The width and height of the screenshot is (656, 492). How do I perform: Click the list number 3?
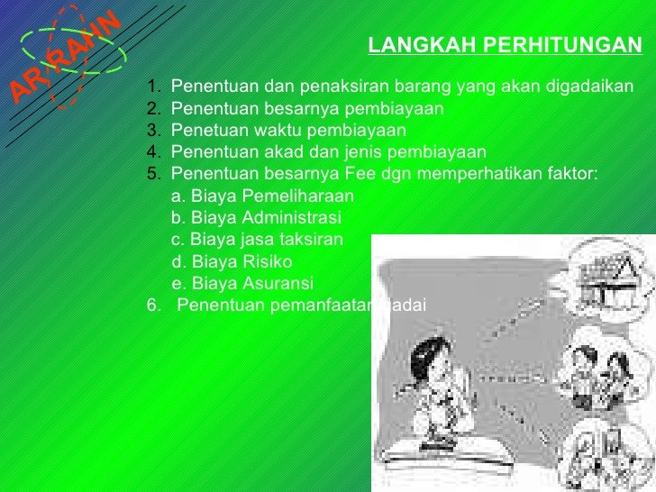[153, 131]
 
